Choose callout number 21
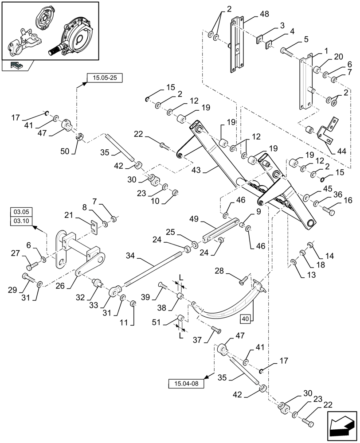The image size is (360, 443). click(68, 215)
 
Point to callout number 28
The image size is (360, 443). click(219, 271)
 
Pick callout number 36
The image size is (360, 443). click(338, 193)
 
